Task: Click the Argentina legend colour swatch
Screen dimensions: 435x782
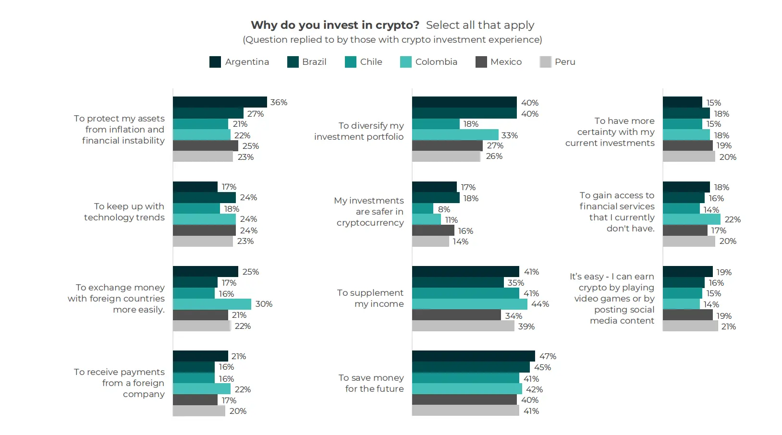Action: (215, 62)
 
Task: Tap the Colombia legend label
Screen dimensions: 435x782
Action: (436, 62)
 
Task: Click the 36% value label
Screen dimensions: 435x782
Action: (279, 102)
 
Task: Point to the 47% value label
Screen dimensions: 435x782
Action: (548, 356)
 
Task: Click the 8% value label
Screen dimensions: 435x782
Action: (444, 209)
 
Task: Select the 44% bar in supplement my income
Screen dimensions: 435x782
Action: (469, 304)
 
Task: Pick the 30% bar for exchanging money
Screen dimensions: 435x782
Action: (212, 304)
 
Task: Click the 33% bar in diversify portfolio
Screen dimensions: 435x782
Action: (455, 135)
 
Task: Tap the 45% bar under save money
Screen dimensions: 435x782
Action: (471, 367)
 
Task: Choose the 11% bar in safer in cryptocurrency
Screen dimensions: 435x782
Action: (427, 219)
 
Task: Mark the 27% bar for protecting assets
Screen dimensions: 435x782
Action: (208, 113)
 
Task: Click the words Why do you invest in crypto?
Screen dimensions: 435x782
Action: (335, 25)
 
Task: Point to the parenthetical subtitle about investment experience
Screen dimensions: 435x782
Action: (392, 40)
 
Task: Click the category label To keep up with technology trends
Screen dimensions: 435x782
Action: (124, 212)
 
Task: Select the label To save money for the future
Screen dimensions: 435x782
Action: (371, 383)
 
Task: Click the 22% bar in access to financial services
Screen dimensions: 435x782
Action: (691, 219)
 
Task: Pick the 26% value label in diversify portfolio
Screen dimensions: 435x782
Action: (494, 157)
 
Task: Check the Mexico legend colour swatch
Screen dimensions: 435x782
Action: (481, 62)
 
